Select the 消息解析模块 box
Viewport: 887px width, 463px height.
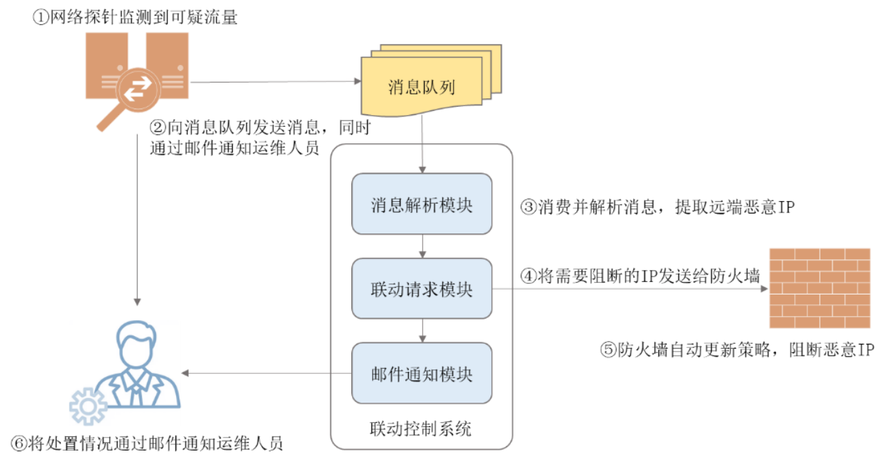click(x=421, y=204)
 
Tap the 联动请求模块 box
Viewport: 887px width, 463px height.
click(x=421, y=289)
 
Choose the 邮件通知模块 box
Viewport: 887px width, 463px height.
click(x=421, y=374)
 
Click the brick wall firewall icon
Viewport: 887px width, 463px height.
click(x=820, y=288)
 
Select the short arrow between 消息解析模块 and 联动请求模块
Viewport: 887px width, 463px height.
click(x=422, y=247)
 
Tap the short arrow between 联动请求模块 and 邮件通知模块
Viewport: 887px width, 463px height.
click(x=422, y=331)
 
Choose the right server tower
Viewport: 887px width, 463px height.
click(x=168, y=59)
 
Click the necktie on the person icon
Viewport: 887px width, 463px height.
click(x=136, y=391)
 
